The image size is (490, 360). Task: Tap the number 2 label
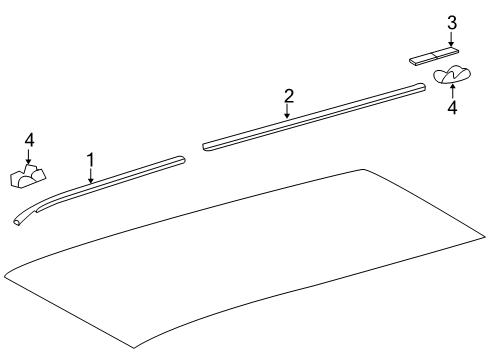click(x=288, y=96)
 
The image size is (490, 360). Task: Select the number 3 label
click(x=451, y=22)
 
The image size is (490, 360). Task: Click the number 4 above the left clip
click(x=29, y=139)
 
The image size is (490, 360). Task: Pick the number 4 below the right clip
click(x=451, y=107)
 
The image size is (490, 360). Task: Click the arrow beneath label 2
click(x=288, y=112)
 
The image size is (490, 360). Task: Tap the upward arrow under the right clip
click(x=451, y=89)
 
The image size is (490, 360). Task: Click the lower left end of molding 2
click(x=207, y=146)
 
